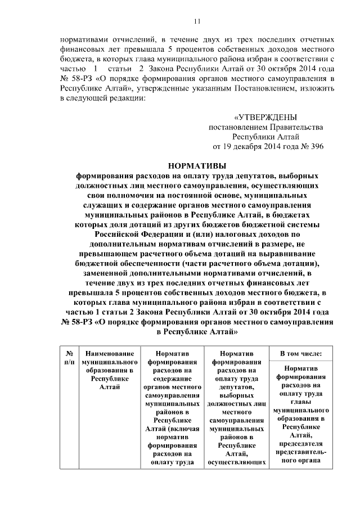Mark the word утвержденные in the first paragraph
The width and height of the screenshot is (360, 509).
(162, 88)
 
